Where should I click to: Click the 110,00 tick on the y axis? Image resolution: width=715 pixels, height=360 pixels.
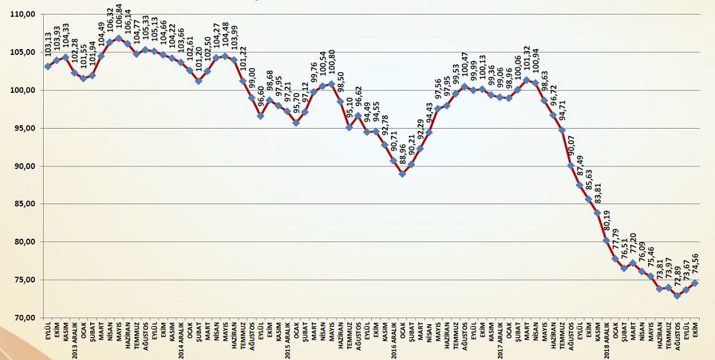(22, 14)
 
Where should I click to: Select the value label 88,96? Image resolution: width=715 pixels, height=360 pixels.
(402, 156)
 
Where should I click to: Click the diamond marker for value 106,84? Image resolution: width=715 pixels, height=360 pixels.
(119, 38)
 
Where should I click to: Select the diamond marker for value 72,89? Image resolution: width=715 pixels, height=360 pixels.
(677, 296)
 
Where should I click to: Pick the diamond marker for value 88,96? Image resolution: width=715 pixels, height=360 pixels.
(402, 174)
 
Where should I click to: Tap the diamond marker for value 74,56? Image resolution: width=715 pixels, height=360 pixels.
(694, 283)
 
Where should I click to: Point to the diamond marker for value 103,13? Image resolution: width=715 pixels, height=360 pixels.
(48, 66)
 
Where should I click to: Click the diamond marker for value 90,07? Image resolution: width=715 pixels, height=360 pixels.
(571, 166)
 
